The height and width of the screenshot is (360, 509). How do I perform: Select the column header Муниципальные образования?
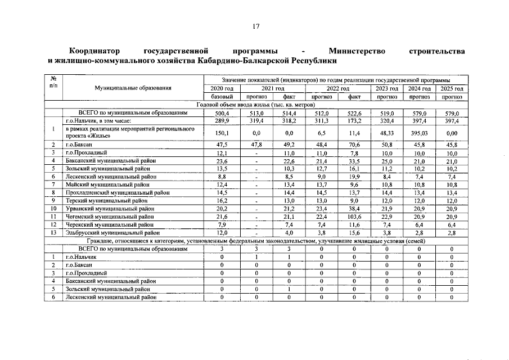tap(133, 88)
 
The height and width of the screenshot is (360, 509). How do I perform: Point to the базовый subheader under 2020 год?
tap(222, 97)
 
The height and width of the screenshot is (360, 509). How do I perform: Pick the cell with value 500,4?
tap(222, 113)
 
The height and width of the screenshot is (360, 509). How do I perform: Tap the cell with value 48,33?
tap(387, 133)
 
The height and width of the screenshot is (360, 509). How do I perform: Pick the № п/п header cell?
tap(53, 83)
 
